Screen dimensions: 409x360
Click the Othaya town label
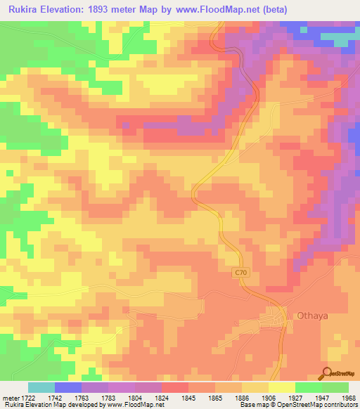click(x=313, y=316)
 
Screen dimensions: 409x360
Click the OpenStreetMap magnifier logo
click(x=326, y=372)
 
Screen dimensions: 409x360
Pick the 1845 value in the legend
click(x=188, y=397)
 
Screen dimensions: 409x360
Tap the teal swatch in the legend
click(x=41, y=387)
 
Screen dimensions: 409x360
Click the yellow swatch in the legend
click(x=282, y=387)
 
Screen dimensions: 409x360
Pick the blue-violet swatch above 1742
click(x=68, y=387)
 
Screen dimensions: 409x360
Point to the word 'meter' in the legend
click(x=12, y=397)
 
